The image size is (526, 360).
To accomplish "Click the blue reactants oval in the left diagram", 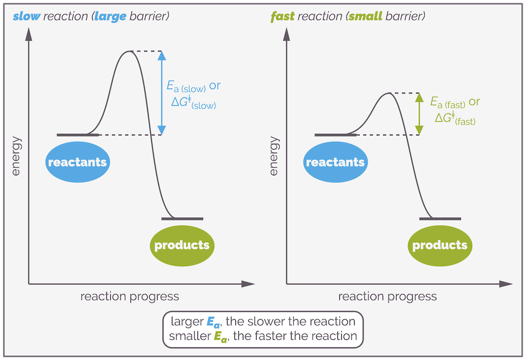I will click(77, 162).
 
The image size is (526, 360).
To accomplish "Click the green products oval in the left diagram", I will click(182, 245).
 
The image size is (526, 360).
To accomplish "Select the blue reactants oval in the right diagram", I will click(335, 162).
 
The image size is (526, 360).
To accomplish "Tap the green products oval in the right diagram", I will click(440, 245).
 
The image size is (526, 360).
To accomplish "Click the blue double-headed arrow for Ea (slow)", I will click(161, 93).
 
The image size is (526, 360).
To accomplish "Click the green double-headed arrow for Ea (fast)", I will click(419, 114).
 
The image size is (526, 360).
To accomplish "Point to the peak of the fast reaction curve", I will click(388, 93).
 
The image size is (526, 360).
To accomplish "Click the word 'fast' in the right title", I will click(282, 17).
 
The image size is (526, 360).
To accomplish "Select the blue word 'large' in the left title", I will click(110, 17).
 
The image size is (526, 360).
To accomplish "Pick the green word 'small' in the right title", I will click(368, 17).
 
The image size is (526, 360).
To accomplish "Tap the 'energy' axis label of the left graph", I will click(16, 156).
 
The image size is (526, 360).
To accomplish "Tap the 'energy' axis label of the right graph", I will click(274, 156).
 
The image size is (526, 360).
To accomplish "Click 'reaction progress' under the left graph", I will click(129, 297).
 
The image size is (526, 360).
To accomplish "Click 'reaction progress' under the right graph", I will click(387, 297).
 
